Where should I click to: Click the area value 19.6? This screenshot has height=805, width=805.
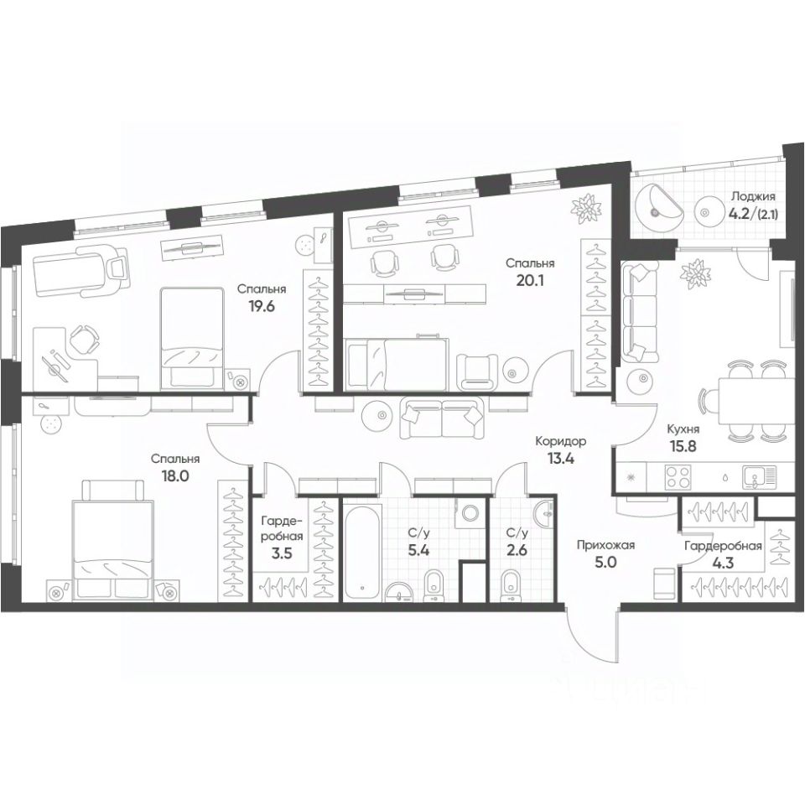pos(262,307)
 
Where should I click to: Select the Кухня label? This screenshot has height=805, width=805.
pos(683,429)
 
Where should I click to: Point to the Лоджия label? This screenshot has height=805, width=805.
pos(753,196)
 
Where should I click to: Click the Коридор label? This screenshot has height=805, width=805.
pos(561,441)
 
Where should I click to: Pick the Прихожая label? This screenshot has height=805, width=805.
pos(605,545)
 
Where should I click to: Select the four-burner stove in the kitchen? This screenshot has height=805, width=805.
pos(678,477)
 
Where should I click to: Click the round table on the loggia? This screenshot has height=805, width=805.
pos(710,211)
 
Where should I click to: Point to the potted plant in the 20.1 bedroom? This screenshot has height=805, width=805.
pos(587,209)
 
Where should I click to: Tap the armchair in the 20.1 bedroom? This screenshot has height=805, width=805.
pos(477,371)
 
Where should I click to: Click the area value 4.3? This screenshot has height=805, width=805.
pos(723,562)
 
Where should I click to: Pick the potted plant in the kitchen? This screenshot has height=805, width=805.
pos(697,273)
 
